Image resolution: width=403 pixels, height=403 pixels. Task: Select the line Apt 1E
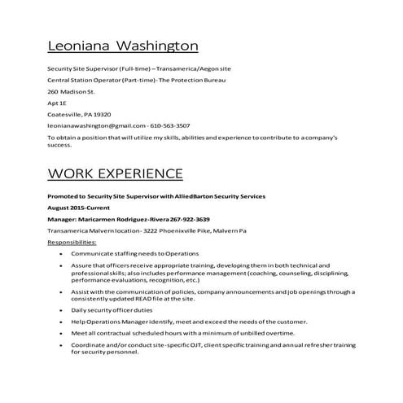click(57, 103)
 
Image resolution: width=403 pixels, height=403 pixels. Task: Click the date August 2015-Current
click(81, 208)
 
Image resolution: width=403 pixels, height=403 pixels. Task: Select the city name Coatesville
click(65, 115)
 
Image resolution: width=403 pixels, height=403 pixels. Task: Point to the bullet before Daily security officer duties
click(63, 310)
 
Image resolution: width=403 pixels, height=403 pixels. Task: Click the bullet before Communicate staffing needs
click(63, 253)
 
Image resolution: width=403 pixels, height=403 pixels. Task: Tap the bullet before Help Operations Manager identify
click(63, 322)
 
